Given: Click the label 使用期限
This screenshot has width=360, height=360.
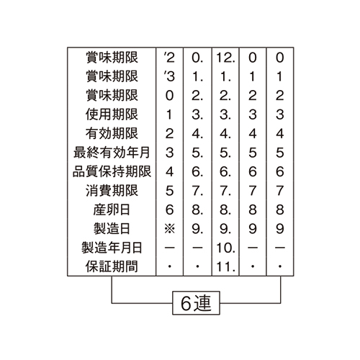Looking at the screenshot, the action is pyautogui.click(x=112, y=114).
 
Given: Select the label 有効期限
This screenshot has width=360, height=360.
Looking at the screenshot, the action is pyautogui.click(x=112, y=133).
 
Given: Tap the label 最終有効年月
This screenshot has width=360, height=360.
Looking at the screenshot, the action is pyautogui.click(x=112, y=153).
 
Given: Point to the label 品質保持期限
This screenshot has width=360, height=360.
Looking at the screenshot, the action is pyautogui.click(x=112, y=171).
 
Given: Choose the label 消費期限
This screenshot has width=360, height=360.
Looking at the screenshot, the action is pyautogui.click(x=112, y=191).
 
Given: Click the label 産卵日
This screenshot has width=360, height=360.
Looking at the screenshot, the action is pyautogui.click(x=112, y=210).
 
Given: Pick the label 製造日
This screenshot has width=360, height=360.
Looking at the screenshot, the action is pyautogui.click(x=112, y=228).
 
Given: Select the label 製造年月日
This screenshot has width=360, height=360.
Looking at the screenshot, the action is pyautogui.click(x=112, y=248).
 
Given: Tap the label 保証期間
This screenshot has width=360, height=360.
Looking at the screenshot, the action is pyautogui.click(x=112, y=266).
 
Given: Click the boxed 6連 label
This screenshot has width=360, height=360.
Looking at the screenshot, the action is pyautogui.click(x=196, y=303).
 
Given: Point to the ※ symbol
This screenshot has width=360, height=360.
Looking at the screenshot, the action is pyautogui.click(x=170, y=229).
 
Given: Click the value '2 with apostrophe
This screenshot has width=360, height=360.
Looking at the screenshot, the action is pyautogui.click(x=169, y=58).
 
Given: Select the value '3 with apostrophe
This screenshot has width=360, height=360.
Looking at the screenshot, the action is pyautogui.click(x=169, y=76).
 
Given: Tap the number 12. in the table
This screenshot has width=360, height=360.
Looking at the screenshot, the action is pyautogui.click(x=225, y=58).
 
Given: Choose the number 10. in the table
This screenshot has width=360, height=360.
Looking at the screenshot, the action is pyautogui.click(x=225, y=248).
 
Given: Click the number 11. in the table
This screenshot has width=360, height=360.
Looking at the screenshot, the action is pyautogui.click(x=225, y=266).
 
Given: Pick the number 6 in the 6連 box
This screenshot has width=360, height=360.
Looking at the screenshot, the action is pyautogui.click(x=186, y=303).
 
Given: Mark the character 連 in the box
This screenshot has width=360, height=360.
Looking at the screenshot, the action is pyautogui.click(x=203, y=303).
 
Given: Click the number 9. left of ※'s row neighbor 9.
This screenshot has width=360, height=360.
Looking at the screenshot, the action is pyautogui.click(x=197, y=229).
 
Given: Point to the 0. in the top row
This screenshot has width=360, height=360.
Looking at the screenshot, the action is pyautogui.click(x=197, y=58).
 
